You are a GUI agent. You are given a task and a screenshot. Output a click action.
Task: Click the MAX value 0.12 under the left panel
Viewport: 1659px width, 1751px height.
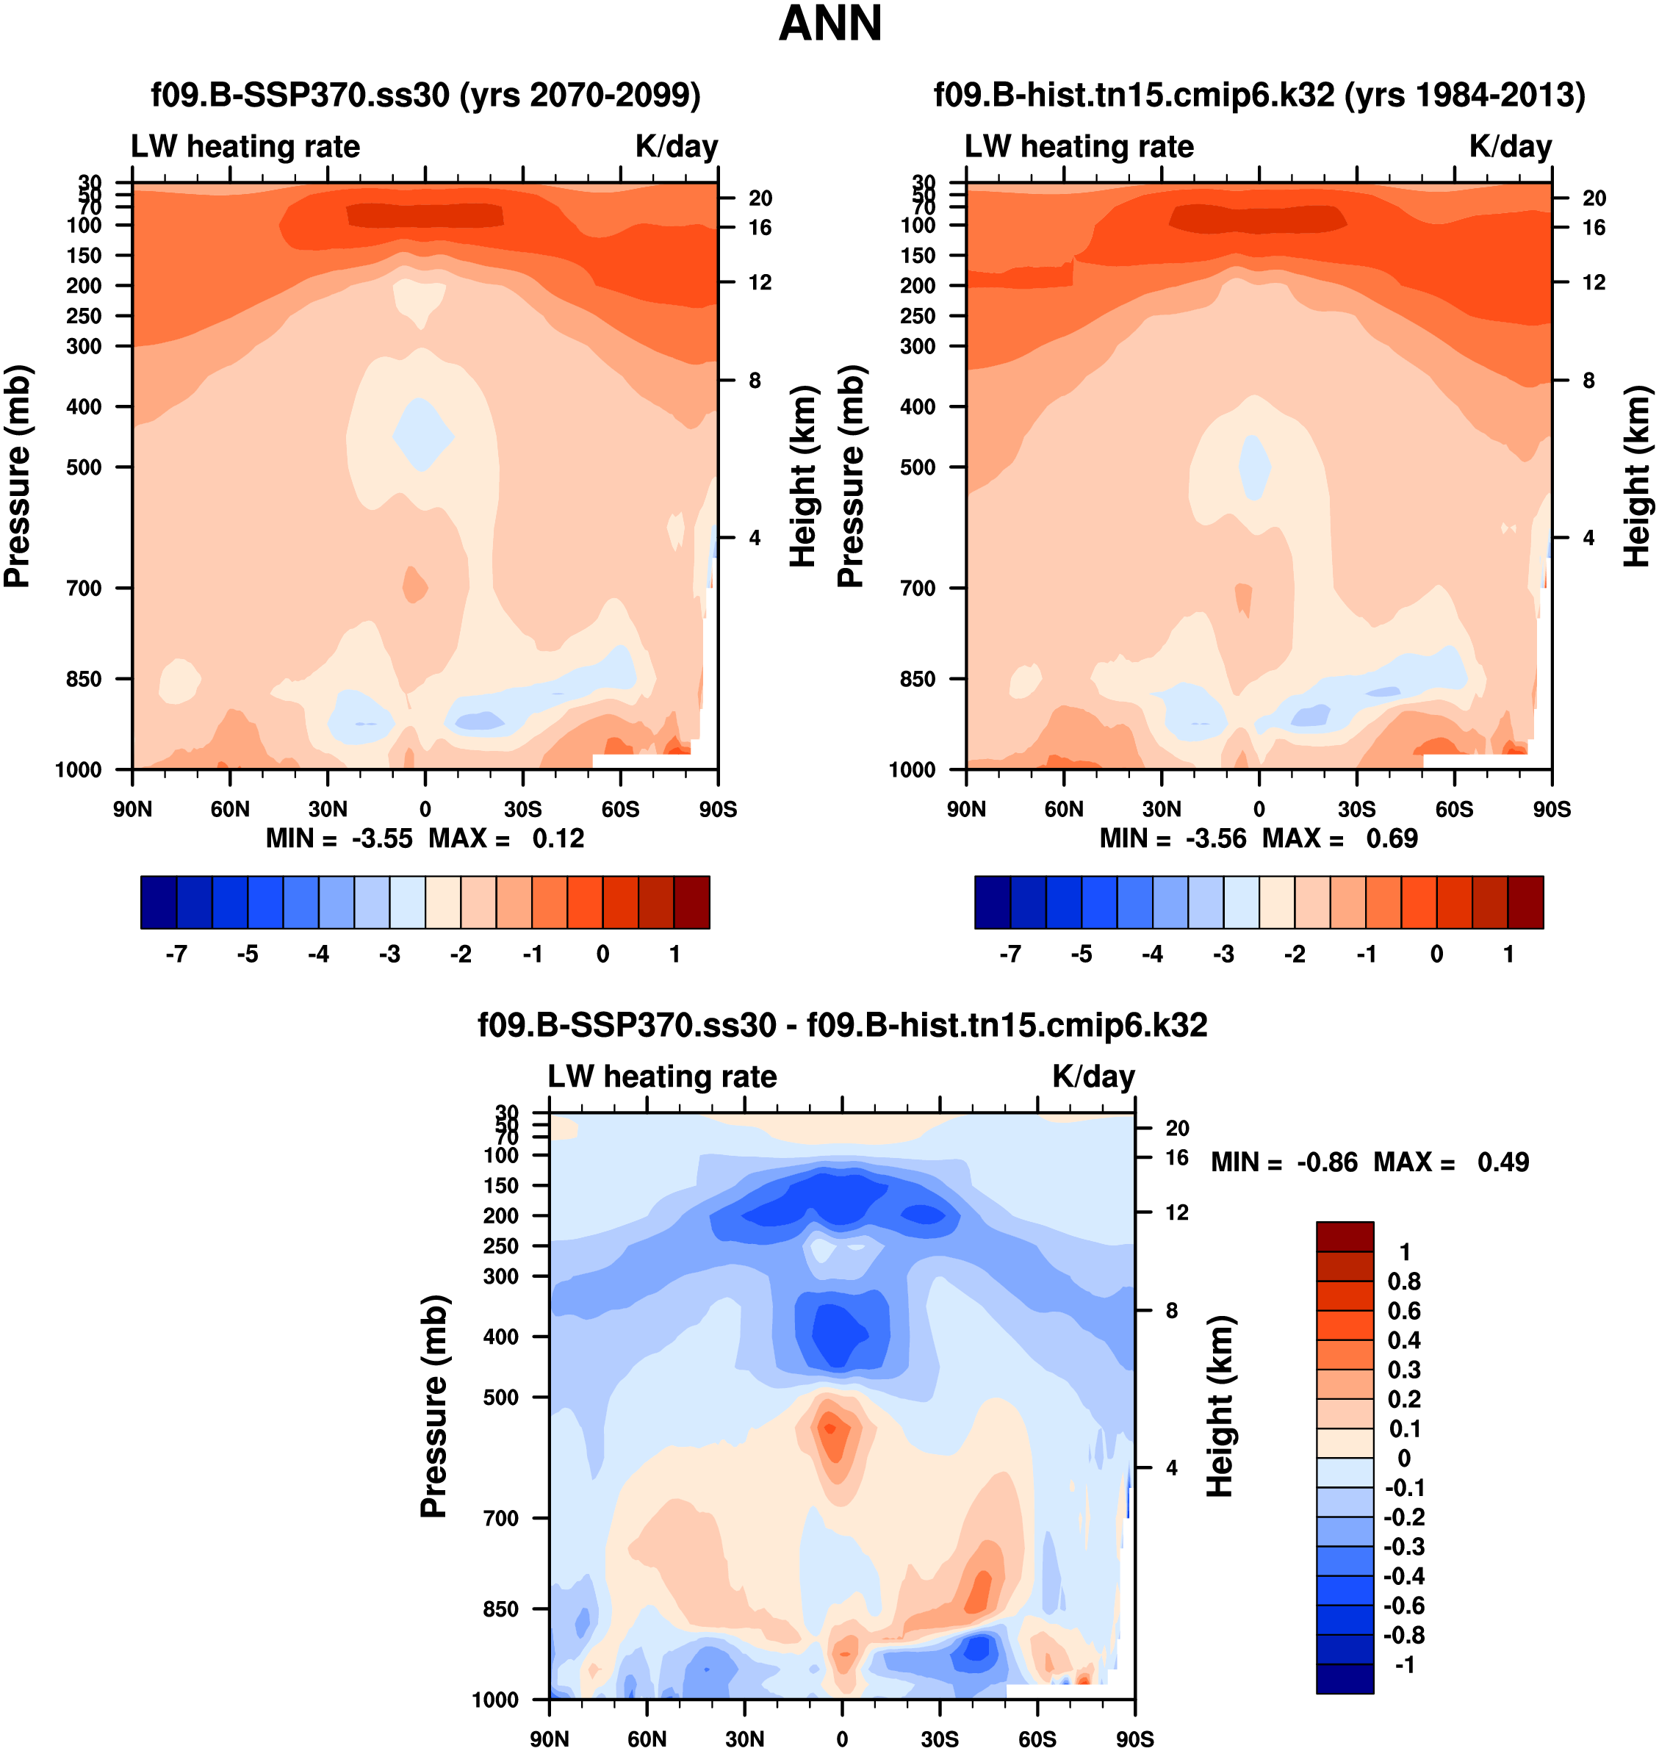(x=558, y=838)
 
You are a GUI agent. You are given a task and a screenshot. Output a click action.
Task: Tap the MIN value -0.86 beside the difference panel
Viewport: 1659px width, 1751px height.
(x=1326, y=1162)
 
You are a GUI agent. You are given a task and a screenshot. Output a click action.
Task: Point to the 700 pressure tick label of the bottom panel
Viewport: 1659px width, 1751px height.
(x=500, y=1518)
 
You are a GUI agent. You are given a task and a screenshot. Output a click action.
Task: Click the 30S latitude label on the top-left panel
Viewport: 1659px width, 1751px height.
(x=522, y=809)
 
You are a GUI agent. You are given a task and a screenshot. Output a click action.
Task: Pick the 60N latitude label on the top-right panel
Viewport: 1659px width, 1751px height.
(x=1064, y=809)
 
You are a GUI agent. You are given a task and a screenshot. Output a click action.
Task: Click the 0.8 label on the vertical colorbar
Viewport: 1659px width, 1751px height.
(x=1404, y=1281)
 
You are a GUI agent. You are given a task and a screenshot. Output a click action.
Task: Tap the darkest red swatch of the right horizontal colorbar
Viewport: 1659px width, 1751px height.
(x=1525, y=902)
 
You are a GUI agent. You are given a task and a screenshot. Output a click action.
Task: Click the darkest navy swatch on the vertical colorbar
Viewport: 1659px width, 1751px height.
(x=1345, y=1678)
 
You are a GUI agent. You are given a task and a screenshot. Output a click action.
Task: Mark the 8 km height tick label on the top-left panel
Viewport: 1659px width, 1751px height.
(x=755, y=381)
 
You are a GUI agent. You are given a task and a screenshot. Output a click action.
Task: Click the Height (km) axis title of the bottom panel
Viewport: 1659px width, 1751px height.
(x=1220, y=1406)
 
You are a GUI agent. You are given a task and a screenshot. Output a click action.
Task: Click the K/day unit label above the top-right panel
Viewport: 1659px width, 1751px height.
(x=1511, y=147)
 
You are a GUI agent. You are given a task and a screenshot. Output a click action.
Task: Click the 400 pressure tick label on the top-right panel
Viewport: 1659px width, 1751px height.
(x=918, y=407)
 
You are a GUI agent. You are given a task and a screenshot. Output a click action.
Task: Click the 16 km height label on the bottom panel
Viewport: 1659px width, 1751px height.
(x=1177, y=1157)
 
